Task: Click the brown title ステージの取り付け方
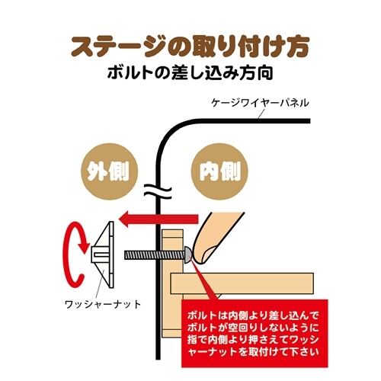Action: pyautogui.click(x=190, y=47)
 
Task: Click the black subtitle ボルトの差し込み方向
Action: pyautogui.click(x=190, y=73)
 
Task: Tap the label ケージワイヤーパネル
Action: pyautogui.click(x=261, y=103)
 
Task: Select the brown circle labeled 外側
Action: pyautogui.click(x=109, y=171)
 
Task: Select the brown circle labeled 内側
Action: pyautogui.click(x=219, y=171)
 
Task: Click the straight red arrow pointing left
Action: pyautogui.click(x=158, y=219)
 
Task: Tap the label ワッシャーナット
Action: pyautogui.click(x=103, y=304)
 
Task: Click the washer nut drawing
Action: pyautogui.click(x=103, y=255)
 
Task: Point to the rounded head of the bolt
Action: pyautogui.click(x=187, y=255)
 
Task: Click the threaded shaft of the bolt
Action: pyautogui.click(x=154, y=255)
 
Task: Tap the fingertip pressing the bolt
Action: pyautogui.click(x=203, y=253)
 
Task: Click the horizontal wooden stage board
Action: pyautogui.click(x=242, y=283)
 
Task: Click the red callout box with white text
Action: pyautogui.click(x=255, y=333)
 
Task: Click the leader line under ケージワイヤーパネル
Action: pyautogui.click(x=261, y=114)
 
